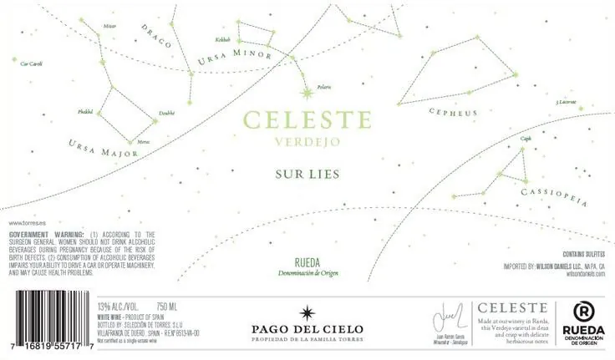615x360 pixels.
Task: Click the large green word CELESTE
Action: click(x=307, y=119)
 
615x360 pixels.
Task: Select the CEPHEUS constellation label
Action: click(x=452, y=112)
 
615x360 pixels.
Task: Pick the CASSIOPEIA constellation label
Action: click(x=554, y=197)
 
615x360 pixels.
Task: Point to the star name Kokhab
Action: click(x=221, y=39)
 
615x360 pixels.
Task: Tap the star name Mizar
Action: click(x=109, y=26)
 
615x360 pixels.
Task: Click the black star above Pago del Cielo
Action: click(x=307, y=311)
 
